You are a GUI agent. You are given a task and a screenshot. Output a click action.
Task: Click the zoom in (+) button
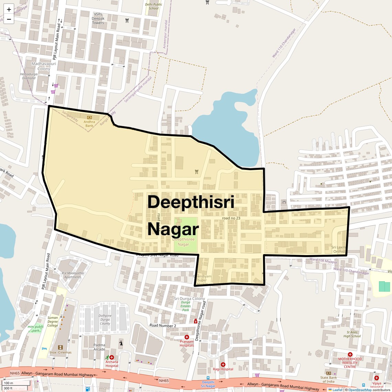(x=9, y=9)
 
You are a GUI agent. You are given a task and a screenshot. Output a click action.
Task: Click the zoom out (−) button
(x=9, y=19)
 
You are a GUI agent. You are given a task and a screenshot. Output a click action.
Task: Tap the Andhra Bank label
(x=89, y=124)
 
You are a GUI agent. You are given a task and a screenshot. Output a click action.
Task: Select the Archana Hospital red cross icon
(x=112, y=357)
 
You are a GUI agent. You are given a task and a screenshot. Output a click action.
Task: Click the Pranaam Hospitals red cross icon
(x=187, y=337)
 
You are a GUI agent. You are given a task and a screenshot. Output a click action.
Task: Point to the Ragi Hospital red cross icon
(x=223, y=364)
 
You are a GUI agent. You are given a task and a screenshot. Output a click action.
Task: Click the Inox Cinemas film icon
(x=61, y=347)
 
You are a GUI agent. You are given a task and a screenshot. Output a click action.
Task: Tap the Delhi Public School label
(x=153, y=7)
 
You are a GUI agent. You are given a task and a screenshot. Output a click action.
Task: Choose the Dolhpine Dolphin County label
(x=105, y=319)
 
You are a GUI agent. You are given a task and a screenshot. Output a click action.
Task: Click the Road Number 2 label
(x=163, y=325)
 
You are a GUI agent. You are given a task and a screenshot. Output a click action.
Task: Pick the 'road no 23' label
(x=231, y=218)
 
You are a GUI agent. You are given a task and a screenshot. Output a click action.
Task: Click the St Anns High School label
(x=352, y=334)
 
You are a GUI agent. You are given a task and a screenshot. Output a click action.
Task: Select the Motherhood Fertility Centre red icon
(x=350, y=355)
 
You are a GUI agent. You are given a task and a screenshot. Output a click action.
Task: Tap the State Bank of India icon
(x=328, y=373)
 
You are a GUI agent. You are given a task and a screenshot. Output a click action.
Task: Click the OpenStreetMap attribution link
(x=360, y=390)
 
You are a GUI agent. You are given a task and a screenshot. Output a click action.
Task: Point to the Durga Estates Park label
(x=186, y=306)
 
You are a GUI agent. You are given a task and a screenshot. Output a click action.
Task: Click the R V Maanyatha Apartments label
(x=73, y=275)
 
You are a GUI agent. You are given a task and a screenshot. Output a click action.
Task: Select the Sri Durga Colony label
(x=189, y=298)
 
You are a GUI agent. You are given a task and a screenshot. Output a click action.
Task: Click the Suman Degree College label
(x=53, y=322)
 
